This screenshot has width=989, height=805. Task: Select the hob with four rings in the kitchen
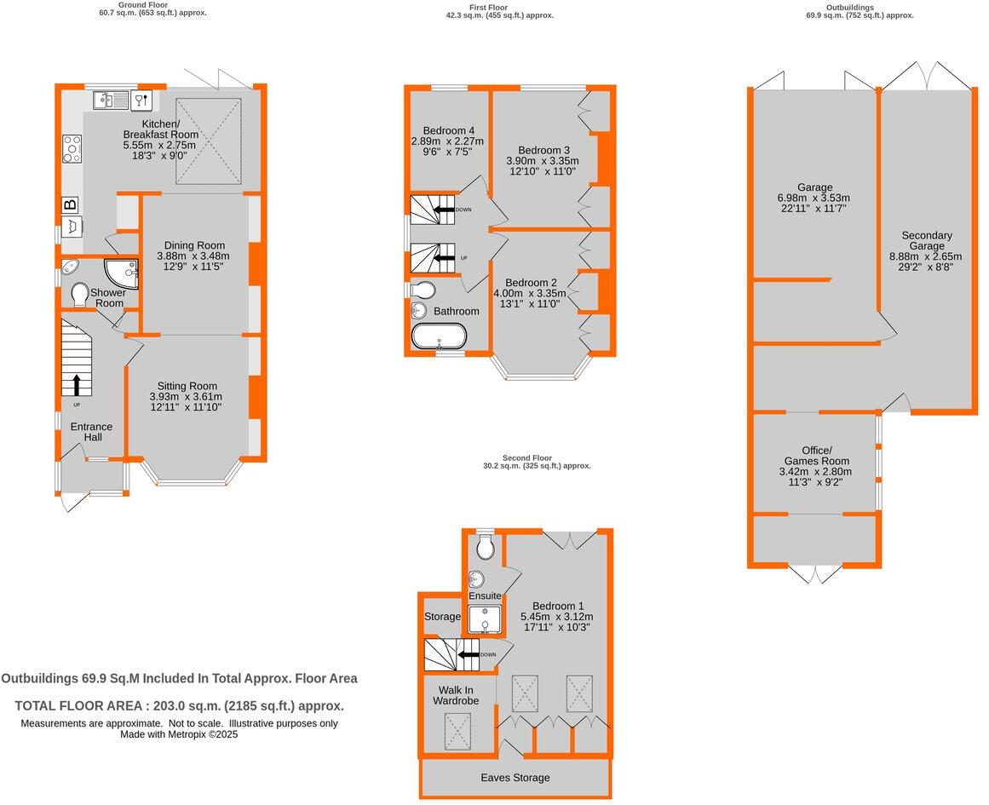[x=72, y=149]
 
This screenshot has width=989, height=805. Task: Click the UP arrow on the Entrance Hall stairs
[x=77, y=385]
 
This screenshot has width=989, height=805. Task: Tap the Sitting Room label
[x=185, y=385]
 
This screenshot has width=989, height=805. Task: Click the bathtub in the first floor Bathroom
[x=439, y=336]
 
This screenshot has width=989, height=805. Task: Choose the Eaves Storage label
[x=515, y=778]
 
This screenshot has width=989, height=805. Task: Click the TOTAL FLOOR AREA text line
[x=180, y=706]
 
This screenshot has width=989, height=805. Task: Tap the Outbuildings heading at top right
[x=859, y=8]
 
